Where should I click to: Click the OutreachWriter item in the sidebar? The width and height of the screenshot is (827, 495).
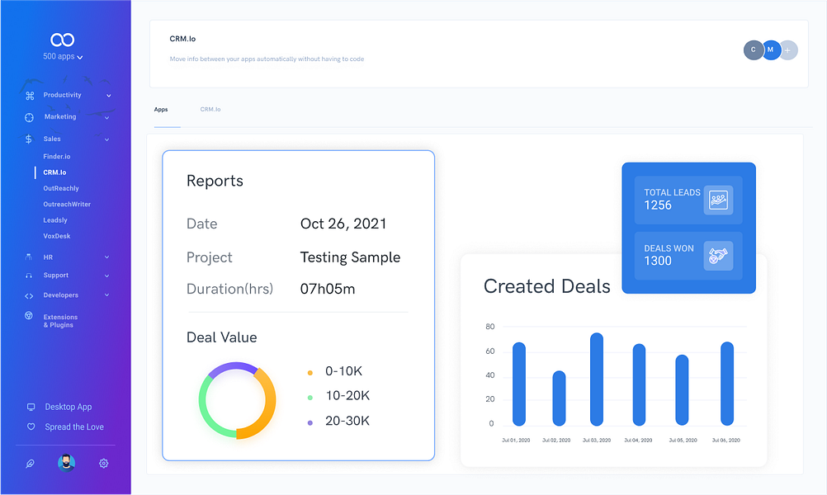67,204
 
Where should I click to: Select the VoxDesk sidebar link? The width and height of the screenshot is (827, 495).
57,236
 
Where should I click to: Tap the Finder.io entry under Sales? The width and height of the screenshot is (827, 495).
57,156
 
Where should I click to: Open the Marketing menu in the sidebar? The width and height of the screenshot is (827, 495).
60,117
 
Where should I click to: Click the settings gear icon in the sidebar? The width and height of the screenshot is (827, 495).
104,464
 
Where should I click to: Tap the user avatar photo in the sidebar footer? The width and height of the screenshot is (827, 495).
66,463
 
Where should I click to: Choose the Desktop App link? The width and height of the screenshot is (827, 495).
69,407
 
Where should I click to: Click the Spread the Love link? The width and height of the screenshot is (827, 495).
74,427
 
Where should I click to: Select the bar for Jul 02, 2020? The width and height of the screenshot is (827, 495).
559,398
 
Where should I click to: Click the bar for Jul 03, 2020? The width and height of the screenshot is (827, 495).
597,379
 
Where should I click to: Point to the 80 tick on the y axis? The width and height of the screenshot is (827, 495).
490,327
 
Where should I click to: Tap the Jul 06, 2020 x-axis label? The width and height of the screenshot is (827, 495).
725,441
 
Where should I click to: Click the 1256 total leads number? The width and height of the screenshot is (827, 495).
658,205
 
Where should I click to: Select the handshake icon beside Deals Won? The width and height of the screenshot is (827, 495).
718,255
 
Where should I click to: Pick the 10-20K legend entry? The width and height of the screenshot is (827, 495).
347,396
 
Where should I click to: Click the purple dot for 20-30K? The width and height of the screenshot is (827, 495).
310,422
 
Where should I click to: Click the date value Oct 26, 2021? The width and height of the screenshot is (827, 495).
343,224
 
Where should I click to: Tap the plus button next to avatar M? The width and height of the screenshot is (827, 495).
788,50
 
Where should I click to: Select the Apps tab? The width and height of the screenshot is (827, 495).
161,110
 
